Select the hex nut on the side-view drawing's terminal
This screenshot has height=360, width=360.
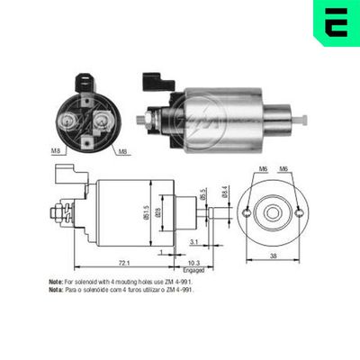56,214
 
